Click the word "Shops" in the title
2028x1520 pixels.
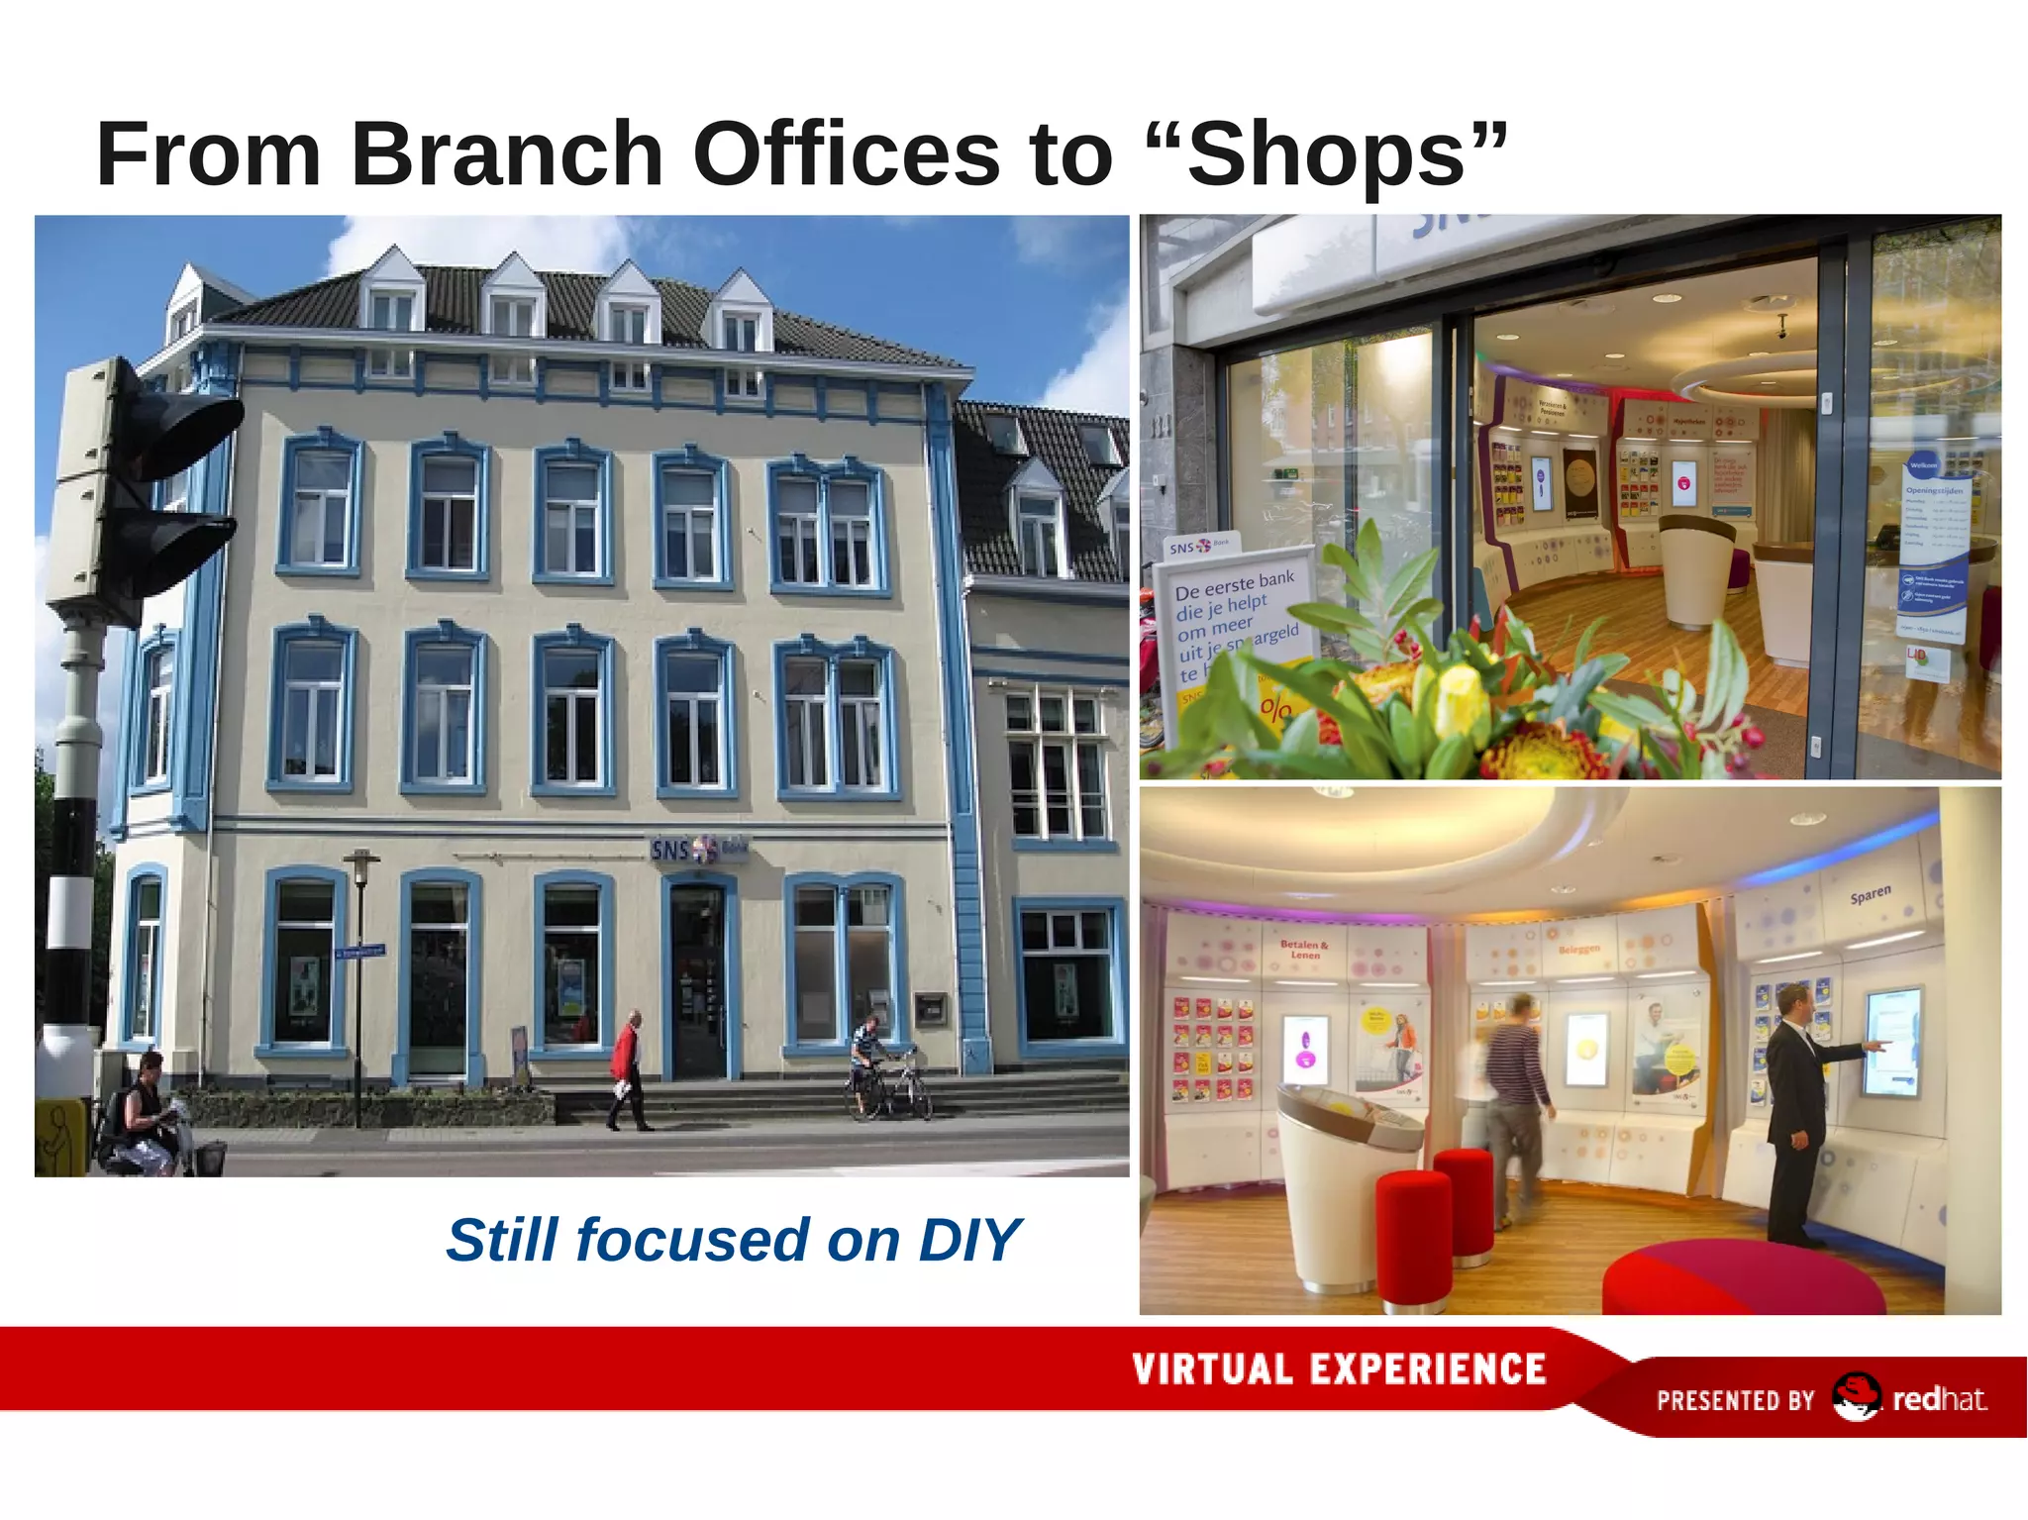[x=1326, y=154]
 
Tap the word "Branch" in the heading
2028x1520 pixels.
[x=506, y=154]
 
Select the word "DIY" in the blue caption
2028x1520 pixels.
[x=968, y=1240]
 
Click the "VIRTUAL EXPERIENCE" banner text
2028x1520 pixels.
[x=1339, y=1369]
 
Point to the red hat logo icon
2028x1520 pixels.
[x=1855, y=1397]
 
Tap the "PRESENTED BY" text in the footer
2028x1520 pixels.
[x=1735, y=1400]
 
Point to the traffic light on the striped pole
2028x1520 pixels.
[x=149, y=475]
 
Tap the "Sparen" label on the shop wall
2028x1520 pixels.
[x=1870, y=895]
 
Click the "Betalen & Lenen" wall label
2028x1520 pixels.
[x=1304, y=950]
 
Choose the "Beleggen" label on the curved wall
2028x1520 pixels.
[x=1578, y=949]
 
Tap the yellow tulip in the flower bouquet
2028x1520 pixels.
[x=1456, y=699]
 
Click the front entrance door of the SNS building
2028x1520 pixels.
[x=699, y=980]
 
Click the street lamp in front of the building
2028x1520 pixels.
[x=360, y=980]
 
